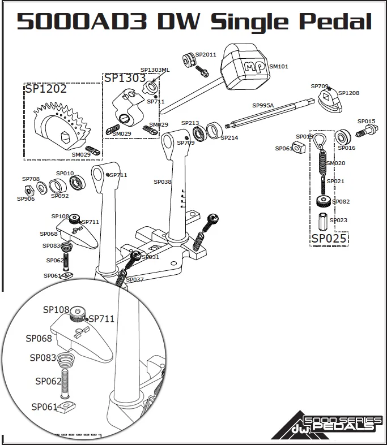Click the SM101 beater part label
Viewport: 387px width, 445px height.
click(278, 67)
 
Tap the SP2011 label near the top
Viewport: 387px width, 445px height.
click(206, 55)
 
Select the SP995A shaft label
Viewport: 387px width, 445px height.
click(263, 106)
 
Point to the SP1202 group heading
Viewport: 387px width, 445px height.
click(45, 89)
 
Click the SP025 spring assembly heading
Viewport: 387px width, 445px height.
click(329, 239)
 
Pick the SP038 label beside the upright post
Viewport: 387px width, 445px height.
click(162, 182)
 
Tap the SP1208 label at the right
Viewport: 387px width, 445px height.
click(348, 93)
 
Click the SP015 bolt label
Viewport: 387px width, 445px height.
click(366, 122)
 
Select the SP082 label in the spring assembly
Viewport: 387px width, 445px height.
click(341, 202)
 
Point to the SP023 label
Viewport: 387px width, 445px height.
click(338, 221)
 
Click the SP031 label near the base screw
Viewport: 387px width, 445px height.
click(150, 257)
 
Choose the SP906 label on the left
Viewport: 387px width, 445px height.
click(25, 199)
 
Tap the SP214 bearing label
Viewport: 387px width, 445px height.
click(229, 138)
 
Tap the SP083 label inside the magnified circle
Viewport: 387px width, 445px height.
click(42, 358)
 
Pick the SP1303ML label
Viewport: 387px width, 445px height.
click(155, 70)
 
